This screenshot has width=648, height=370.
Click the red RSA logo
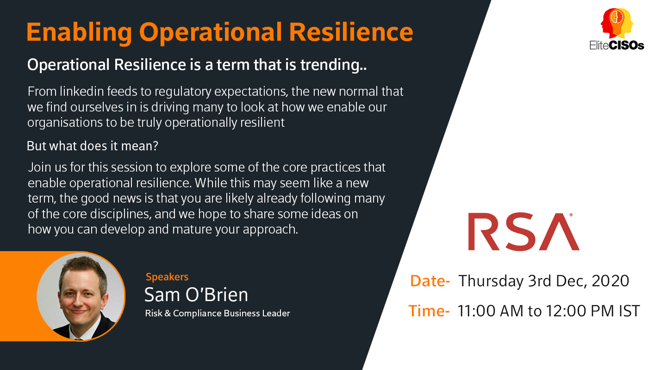click(x=523, y=232)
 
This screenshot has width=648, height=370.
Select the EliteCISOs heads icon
click(x=617, y=23)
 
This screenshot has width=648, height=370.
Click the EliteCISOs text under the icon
click(x=617, y=45)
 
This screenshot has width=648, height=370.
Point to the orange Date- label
click(x=430, y=281)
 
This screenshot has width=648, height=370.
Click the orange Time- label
click(x=429, y=311)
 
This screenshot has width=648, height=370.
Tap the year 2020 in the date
click(x=611, y=281)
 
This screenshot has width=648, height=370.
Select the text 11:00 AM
click(x=491, y=311)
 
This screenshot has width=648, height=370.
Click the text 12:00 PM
click(x=580, y=311)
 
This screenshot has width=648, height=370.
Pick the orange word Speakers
click(x=167, y=277)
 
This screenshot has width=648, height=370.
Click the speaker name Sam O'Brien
click(x=196, y=295)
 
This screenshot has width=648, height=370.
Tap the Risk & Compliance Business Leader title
click(x=217, y=314)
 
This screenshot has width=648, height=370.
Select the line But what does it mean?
click(x=92, y=146)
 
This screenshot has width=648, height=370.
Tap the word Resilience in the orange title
click(x=351, y=32)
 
